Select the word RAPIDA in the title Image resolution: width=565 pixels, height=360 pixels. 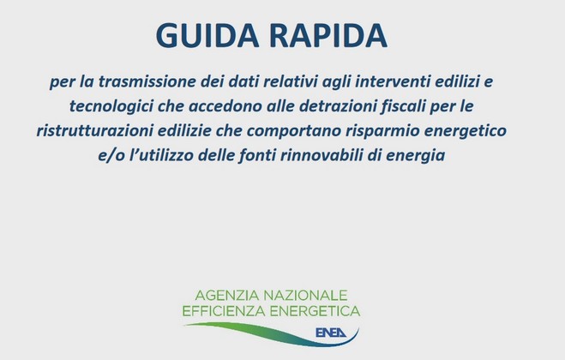coord(328,35)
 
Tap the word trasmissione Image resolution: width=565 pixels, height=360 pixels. coord(147,81)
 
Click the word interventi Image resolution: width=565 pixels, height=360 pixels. coord(393,81)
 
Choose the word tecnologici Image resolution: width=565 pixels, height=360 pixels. coord(111,106)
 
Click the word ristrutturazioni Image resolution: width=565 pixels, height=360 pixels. coord(94,130)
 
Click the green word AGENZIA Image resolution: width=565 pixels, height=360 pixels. coord(226,296)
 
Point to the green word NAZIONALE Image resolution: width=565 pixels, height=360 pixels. coord(305,296)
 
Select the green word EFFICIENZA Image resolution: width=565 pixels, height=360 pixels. coord(224,311)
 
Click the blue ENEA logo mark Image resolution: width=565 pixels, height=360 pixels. coord(330,333)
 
